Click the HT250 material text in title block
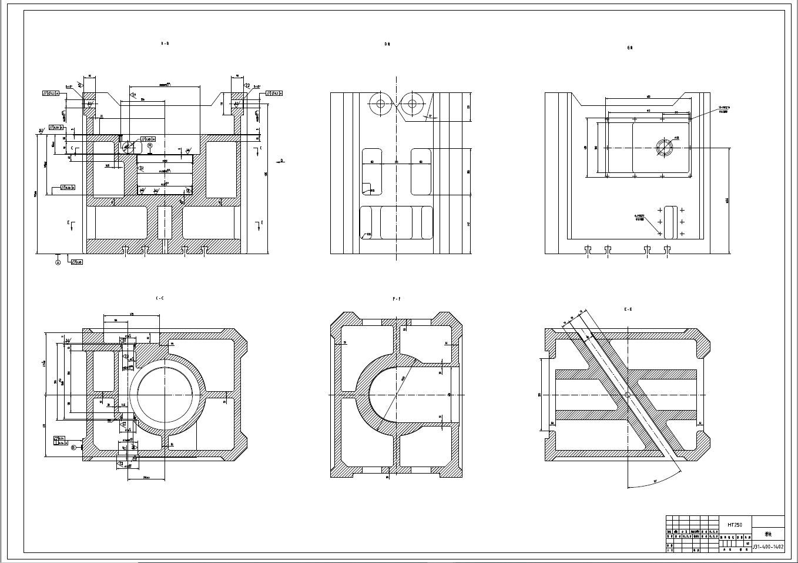tap(735, 524)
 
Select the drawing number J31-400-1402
tap(768, 547)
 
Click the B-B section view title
tap(165, 44)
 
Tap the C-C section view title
tap(159, 299)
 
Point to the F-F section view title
tap(397, 299)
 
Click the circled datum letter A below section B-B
tap(58, 262)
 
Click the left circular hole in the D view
tap(380, 104)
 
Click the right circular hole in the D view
tap(412, 104)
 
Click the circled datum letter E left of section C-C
tap(73, 448)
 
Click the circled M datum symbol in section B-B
tap(149, 145)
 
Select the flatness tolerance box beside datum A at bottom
tap(76, 262)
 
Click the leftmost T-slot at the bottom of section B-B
tap(125, 249)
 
